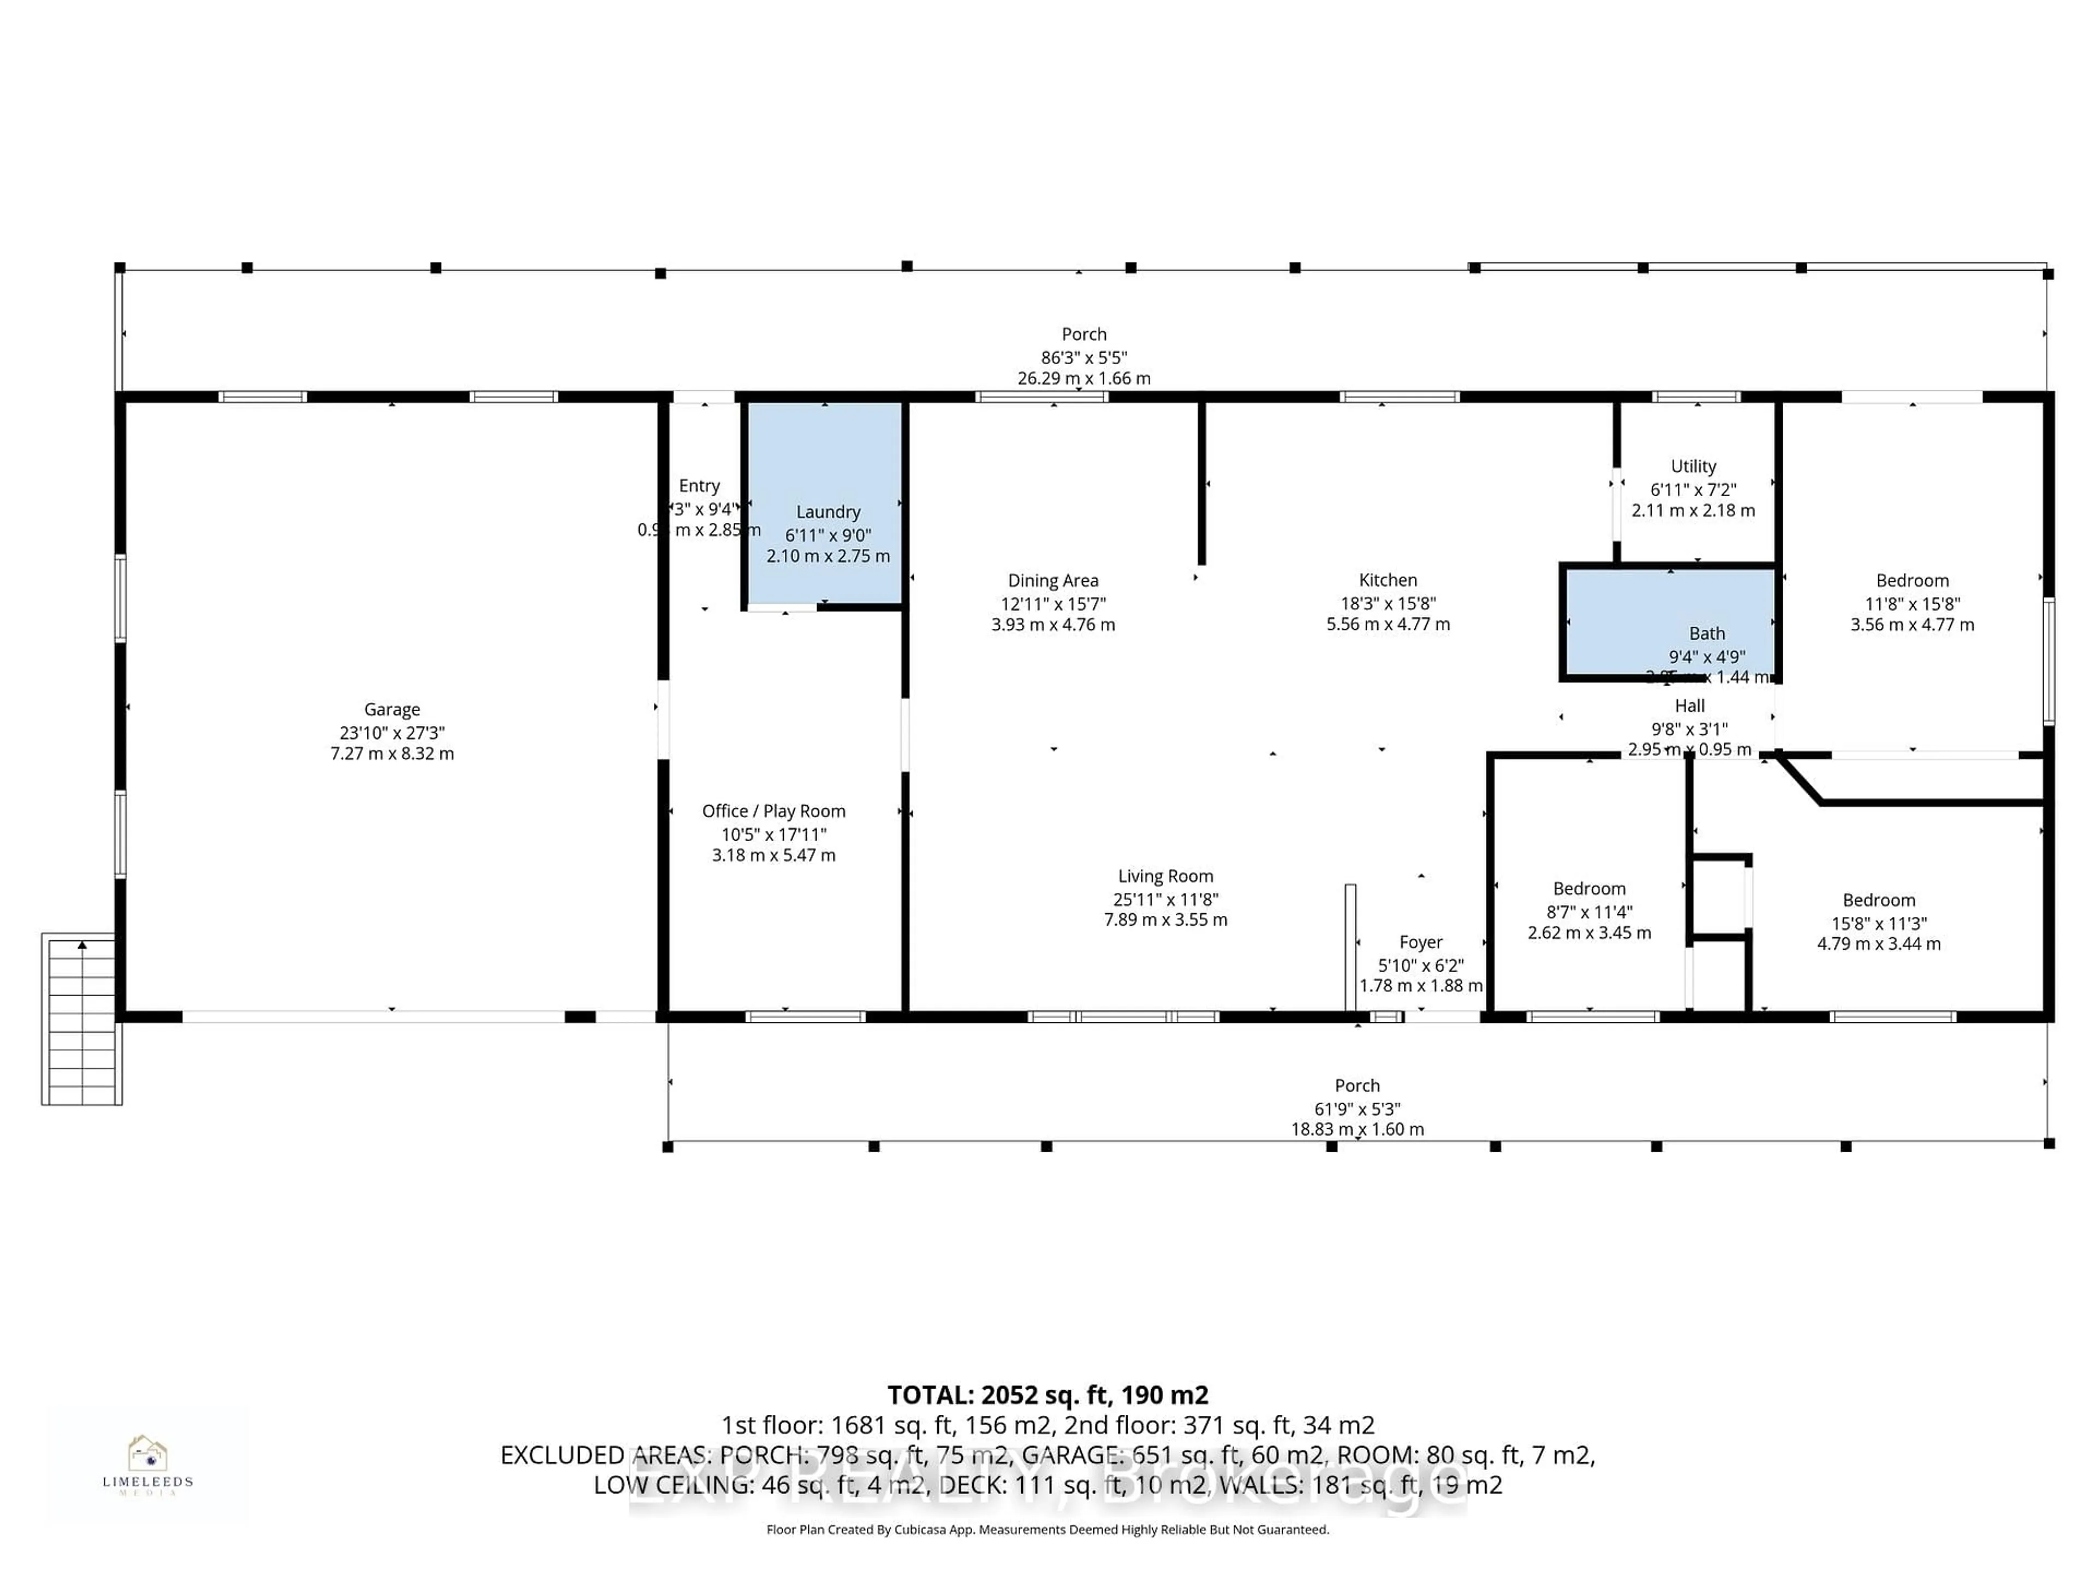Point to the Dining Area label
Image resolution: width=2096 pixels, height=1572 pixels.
(1053, 581)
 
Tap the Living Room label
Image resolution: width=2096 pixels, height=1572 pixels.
(1165, 877)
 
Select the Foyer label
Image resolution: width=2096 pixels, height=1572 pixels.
(1420, 942)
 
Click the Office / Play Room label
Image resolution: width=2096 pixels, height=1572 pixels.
(773, 811)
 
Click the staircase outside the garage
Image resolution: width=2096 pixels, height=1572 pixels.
(81, 1019)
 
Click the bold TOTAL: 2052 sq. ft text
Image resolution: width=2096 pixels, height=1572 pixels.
(1047, 1395)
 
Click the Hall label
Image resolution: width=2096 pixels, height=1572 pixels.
(1689, 706)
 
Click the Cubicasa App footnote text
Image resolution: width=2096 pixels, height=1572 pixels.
(1047, 1529)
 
